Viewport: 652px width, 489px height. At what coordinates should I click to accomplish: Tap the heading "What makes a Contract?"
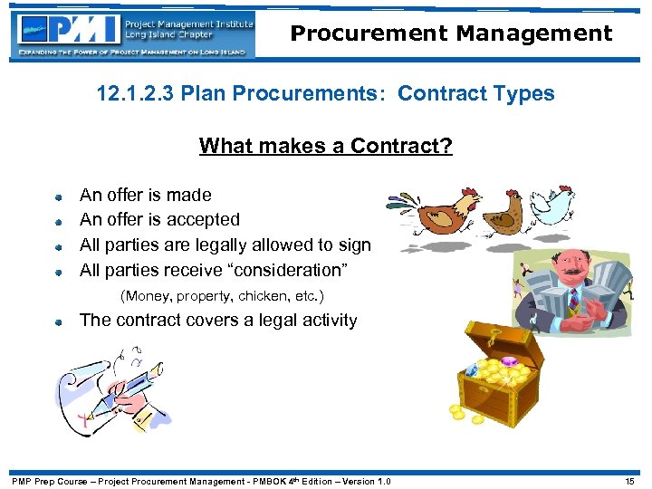pyautogui.click(x=325, y=146)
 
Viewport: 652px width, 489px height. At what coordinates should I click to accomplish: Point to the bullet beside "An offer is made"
pyautogui.click(x=57, y=196)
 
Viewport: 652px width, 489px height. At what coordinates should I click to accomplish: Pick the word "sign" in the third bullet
pyautogui.click(x=353, y=244)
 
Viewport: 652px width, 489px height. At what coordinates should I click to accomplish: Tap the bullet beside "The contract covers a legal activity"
pyautogui.click(x=57, y=321)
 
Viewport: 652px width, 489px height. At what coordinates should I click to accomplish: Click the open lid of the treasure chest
pyautogui.click(x=503, y=339)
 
